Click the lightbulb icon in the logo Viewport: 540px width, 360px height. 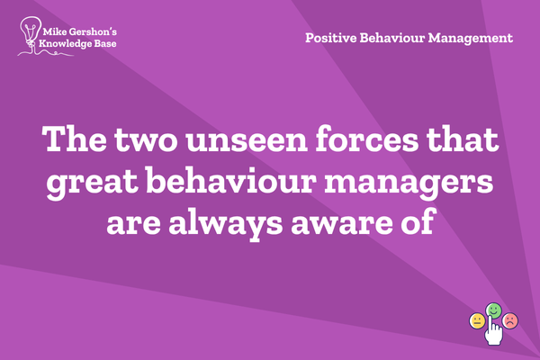(31, 31)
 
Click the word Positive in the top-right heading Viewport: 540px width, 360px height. (331, 38)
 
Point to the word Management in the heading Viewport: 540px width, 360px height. (471, 38)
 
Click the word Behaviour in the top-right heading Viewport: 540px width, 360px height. (392, 38)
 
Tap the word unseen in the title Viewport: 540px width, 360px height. (247, 139)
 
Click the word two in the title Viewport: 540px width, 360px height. (146, 139)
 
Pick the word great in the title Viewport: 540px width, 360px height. (93, 182)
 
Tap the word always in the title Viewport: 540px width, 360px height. (225, 223)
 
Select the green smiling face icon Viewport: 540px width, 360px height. (493, 310)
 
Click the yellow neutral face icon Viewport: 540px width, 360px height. (477, 321)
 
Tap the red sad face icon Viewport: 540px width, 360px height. (510, 320)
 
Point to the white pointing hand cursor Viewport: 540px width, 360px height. (493, 330)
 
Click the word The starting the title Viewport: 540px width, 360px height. (74, 138)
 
